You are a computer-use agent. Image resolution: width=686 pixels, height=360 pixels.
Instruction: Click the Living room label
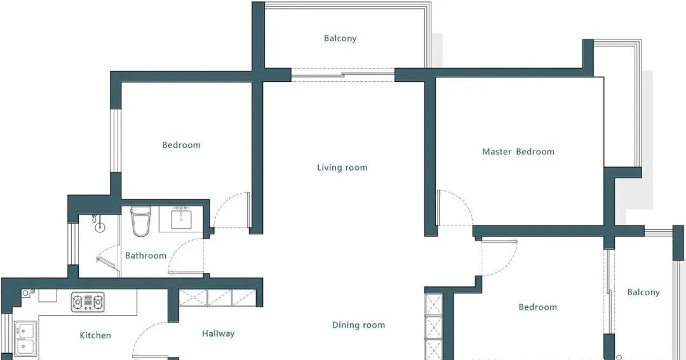click(342, 168)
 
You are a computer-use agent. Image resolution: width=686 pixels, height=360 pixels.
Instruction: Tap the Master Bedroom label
click(518, 152)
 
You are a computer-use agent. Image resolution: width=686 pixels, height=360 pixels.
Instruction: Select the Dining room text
click(358, 325)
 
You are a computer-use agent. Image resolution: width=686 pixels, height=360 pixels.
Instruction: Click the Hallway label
click(219, 334)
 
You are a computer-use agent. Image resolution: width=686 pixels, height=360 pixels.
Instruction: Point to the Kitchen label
click(95, 335)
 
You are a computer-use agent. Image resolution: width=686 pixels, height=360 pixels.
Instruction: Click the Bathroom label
click(145, 255)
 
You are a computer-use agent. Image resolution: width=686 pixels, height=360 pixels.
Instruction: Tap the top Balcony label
click(340, 39)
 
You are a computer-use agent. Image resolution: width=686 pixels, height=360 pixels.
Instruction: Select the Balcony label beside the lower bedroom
click(643, 292)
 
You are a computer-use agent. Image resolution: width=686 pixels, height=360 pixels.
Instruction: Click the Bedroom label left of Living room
click(181, 145)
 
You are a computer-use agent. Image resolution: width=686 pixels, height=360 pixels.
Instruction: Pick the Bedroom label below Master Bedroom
click(538, 307)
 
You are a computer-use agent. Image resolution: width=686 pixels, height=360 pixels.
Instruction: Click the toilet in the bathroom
click(140, 222)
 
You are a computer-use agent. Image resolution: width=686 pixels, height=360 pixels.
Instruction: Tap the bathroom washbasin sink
click(181, 218)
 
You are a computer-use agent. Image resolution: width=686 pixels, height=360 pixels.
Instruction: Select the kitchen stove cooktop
click(88, 302)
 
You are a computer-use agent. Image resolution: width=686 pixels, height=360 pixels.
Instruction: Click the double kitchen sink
click(26, 339)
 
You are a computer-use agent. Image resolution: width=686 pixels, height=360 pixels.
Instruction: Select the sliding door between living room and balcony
click(343, 75)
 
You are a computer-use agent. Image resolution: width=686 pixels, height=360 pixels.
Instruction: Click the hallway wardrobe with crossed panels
click(217, 297)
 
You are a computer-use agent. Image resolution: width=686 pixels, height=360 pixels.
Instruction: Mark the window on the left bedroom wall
click(115, 140)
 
